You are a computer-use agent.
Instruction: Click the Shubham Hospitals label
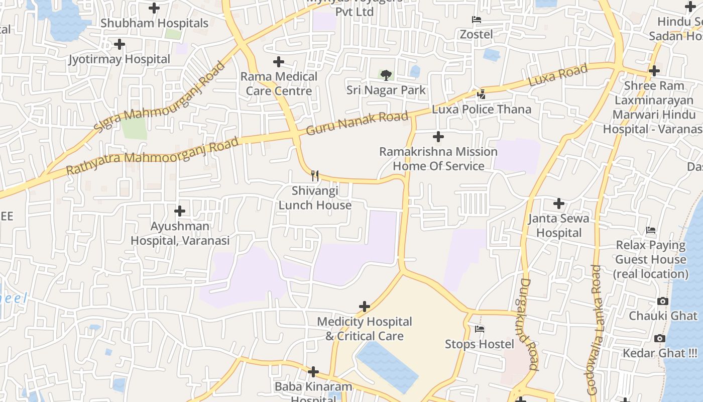pos(154,23)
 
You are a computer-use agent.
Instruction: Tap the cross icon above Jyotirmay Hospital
pos(119,44)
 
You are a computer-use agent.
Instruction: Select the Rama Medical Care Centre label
pos(279,84)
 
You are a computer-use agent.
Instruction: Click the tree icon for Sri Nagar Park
pos(386,75)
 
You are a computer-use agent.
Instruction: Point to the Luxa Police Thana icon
pos(481,94)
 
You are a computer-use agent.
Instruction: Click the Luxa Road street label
pos(557,75)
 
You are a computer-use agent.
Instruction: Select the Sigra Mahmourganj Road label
pos(160,97)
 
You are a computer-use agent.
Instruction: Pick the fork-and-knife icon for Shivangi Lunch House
pos(315,175)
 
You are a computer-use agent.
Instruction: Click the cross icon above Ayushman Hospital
pos(179,211)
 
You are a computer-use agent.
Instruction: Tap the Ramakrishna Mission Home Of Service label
pos(438,159)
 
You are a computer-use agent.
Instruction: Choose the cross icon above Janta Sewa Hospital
pos(558,204)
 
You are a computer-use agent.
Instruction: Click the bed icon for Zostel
pos(477,20)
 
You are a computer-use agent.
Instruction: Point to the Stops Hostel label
pos(480,344)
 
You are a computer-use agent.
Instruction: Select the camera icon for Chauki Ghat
pos(662,301)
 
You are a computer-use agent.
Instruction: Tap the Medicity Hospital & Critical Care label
pos(365,329)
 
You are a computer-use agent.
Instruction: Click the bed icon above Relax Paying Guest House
pos(651,231)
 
